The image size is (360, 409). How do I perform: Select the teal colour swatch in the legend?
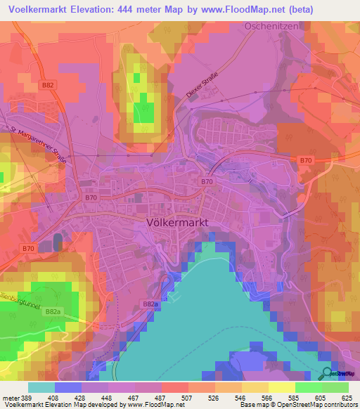click(x=41, y=387)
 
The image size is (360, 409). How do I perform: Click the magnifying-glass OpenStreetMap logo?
click(x=327, y=375)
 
